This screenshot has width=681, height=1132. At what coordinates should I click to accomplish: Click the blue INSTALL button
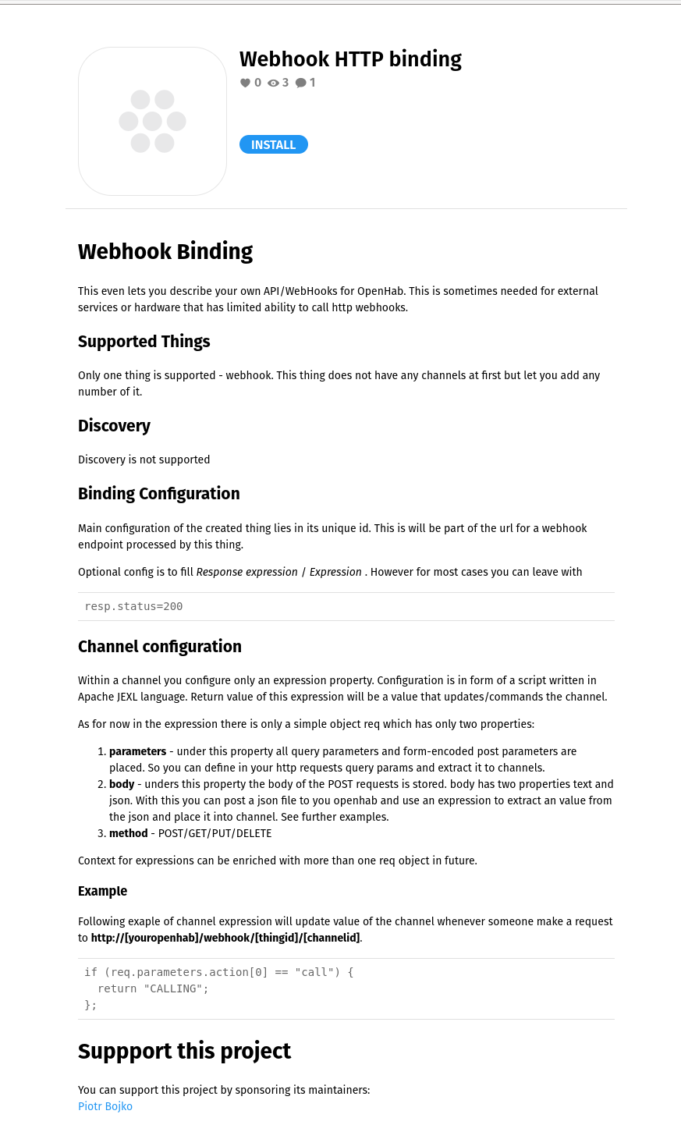[273, 145]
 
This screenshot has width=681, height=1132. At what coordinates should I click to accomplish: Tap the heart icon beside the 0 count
[245, 83]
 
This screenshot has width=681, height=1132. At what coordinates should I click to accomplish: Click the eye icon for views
[273, 83]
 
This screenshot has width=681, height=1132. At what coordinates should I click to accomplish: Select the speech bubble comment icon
[300, 83]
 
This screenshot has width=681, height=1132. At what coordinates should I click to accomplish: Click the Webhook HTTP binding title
[350, 59]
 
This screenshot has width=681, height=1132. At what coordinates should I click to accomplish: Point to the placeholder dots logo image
[152, 121]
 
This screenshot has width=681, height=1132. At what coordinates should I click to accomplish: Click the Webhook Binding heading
[165, 251]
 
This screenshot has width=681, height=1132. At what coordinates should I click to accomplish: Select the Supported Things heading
[144, 342]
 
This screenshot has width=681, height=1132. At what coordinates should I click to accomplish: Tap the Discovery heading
[114, 426]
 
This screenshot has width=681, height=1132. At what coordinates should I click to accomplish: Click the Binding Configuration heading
[159, 494]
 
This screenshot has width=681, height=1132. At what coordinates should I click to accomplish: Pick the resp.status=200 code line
[133, 606]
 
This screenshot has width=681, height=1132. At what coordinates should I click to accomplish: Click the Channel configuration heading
[160, 647]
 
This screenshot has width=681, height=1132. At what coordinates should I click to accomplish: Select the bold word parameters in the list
[137, 751]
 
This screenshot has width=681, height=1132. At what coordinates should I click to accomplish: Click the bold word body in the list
[122, 784]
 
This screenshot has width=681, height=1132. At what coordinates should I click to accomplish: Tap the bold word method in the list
[129, 833]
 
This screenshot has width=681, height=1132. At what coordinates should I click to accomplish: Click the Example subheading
[102, 891]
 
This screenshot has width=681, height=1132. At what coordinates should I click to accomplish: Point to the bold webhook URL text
[225, 938]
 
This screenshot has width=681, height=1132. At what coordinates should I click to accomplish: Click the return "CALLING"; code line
[153, 988]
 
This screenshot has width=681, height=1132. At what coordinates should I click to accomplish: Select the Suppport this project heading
[184, 1051]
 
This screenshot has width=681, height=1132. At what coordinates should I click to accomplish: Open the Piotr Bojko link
[105, 1106]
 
